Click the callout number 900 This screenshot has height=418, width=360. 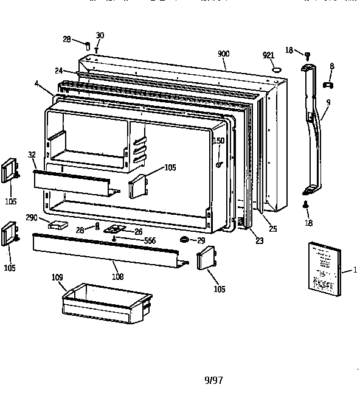224,54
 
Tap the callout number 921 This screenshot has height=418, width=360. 268,55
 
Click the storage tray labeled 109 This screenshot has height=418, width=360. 106,302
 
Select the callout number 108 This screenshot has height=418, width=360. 117,277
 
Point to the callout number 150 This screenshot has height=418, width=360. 218,141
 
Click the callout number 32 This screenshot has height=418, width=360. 31,155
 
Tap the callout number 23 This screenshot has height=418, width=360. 259,241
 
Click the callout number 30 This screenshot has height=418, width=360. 100,35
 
